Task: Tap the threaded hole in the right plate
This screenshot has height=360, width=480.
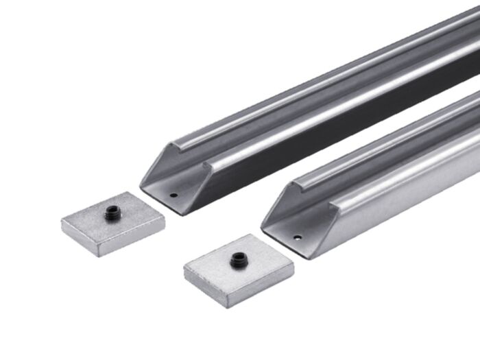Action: click(x=238, y=259)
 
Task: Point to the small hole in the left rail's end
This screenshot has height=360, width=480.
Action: click(x=173, y=195)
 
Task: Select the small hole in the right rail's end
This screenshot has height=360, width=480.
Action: click(x=297, y=238)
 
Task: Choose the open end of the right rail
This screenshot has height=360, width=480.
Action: click(x=291, y=221)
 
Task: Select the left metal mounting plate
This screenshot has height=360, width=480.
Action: click(x=113, y=223)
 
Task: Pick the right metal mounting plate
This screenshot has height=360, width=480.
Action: click(x=239, y=269)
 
